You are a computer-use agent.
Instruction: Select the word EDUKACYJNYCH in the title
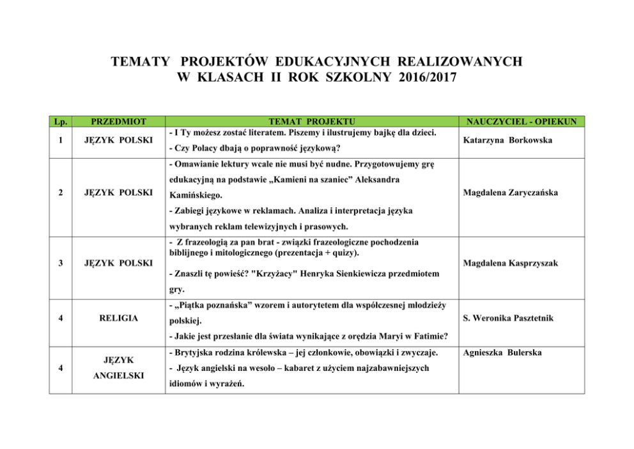coord(335,62)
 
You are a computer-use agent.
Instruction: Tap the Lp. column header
coord(61,121)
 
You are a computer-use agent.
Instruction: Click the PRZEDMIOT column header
coord(119,121)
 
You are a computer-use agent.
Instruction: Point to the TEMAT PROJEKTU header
coord(312,121)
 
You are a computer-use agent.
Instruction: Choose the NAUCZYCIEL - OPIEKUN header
coord(522,121)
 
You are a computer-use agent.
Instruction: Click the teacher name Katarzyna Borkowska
coord(507,140)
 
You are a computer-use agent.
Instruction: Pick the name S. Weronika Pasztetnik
coord(509,318)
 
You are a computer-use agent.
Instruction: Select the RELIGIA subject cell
coord(119,318)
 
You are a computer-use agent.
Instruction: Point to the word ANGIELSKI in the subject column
coord(119,375)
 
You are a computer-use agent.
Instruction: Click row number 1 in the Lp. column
coord(60,140)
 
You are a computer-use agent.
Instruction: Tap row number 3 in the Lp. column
coord(60,262)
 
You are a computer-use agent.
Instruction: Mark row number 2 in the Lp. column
coord(60,192)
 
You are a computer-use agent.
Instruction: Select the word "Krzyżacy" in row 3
coord(279,274)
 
